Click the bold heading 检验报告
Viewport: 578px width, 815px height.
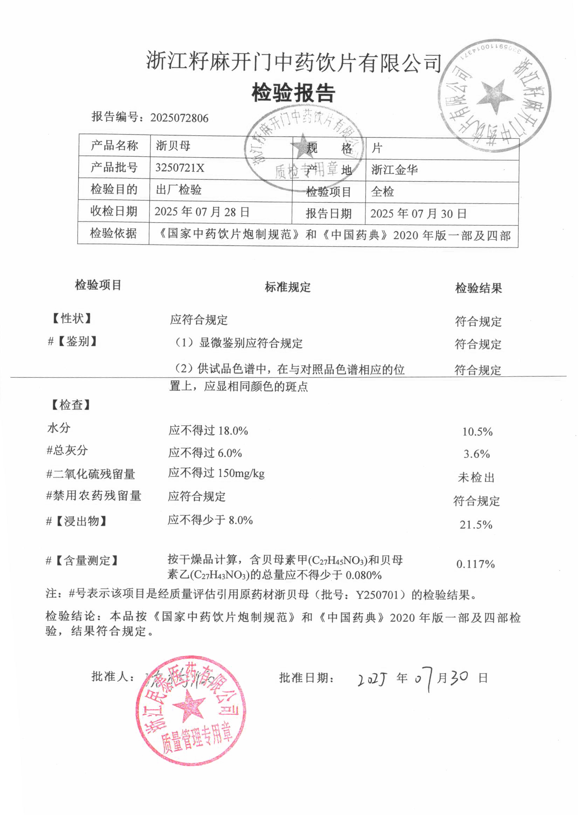click(293, 93)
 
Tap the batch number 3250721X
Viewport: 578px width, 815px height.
click(180, 167)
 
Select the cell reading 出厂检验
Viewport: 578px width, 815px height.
click(179, 190)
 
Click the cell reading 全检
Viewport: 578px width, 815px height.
click(382, 192)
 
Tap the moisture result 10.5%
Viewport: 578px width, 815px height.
click(477, 432)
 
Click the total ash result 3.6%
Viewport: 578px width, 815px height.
click(476, 454)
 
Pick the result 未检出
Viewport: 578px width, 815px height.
click(476, 477)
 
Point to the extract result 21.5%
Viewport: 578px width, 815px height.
click(476, 525)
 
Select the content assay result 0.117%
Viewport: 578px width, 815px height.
click(475, 564)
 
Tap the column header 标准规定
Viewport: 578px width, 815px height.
click(288, 287)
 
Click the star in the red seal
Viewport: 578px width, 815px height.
click(189, 705)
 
